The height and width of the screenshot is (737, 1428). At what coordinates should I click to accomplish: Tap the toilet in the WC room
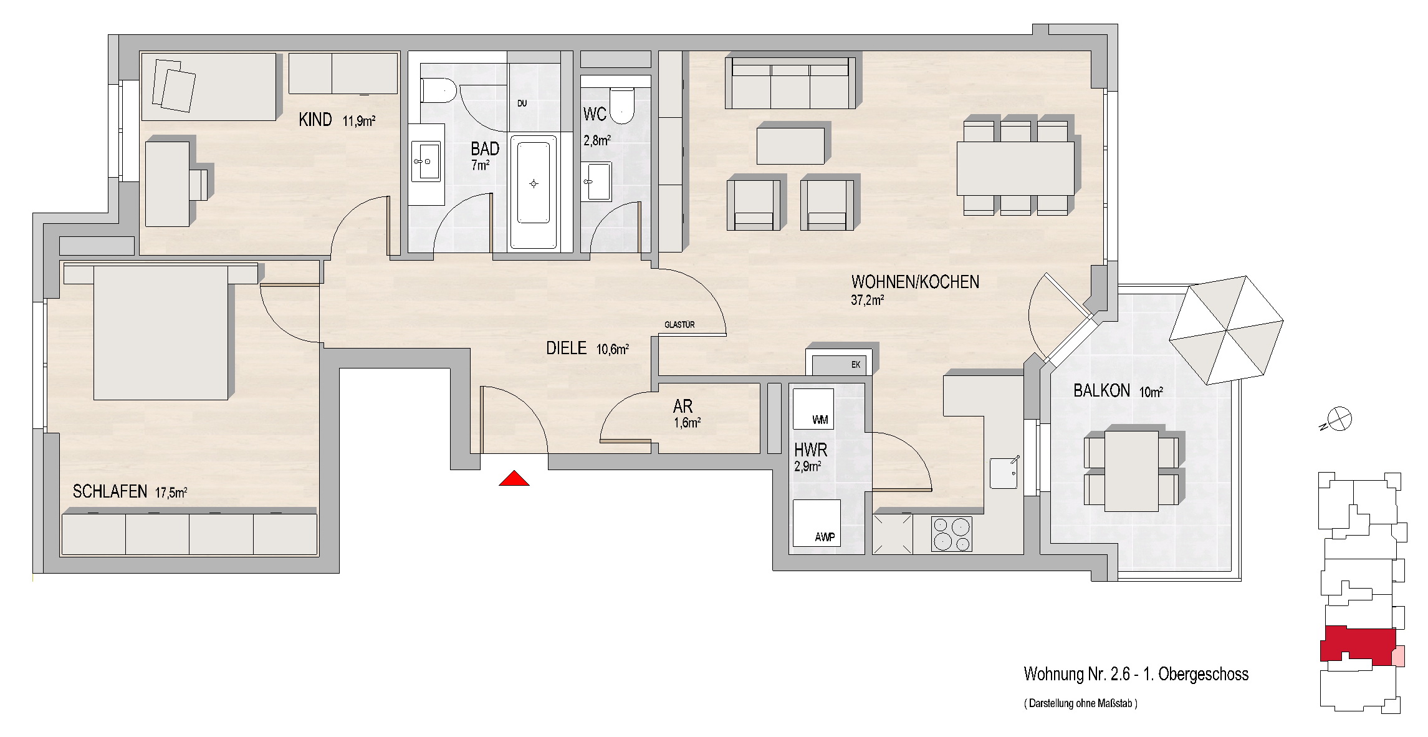(621, 105)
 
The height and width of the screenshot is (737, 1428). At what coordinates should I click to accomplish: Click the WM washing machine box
(813, 408)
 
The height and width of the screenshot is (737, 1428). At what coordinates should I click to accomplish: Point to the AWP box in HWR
(816, 523)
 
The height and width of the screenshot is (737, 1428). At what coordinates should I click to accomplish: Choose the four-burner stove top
(952, 534)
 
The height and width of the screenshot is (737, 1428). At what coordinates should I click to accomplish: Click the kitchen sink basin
(1004, 473)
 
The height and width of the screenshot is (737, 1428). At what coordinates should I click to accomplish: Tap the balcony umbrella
(1226, 330)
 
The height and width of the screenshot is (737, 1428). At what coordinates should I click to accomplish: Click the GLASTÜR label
(679, 325)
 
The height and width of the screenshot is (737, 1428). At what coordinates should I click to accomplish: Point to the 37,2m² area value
(868, 300)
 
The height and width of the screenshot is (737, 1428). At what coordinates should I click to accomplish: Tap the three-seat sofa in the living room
(790, 83)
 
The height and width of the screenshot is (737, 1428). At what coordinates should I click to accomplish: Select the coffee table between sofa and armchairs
(791, 145)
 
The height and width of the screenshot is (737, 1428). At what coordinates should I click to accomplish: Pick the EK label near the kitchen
(856, 365)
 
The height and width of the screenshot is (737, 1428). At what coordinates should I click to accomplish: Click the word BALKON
(1101, 391)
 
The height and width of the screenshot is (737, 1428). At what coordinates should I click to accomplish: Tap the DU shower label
(522, 104)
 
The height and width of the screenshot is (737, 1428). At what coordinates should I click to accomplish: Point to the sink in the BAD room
(426, 161)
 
